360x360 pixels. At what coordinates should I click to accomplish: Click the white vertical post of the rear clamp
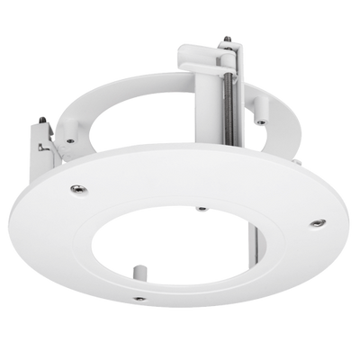click(x=200, y=135)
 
